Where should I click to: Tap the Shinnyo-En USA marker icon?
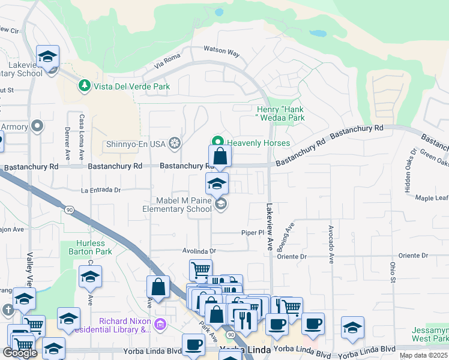175,143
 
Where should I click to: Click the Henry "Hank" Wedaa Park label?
280,113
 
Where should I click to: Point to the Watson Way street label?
221,52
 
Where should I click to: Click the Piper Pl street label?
253,232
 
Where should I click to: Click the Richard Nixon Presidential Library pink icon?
160,325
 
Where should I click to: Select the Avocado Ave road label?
331,244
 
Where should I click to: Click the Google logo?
20,352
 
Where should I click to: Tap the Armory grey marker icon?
37,126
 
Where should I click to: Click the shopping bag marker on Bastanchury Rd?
220,156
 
